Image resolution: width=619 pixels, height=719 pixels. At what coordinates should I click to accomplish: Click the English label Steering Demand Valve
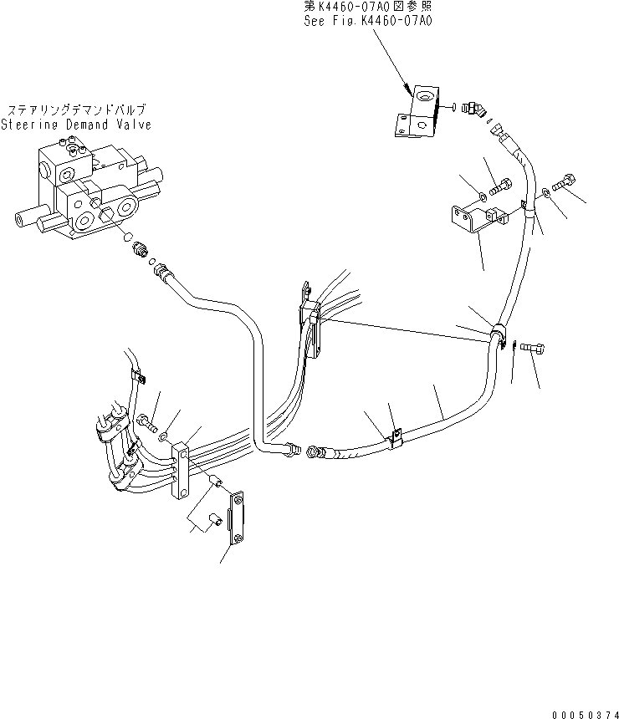(x=76, y=125)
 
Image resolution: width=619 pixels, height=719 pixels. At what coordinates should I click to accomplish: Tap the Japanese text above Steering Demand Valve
(x=77, y=110)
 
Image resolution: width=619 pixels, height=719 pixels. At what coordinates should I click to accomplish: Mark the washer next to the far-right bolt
(x=546, y=192)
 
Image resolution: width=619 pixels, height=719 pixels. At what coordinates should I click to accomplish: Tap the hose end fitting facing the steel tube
(x=320, y=452)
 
